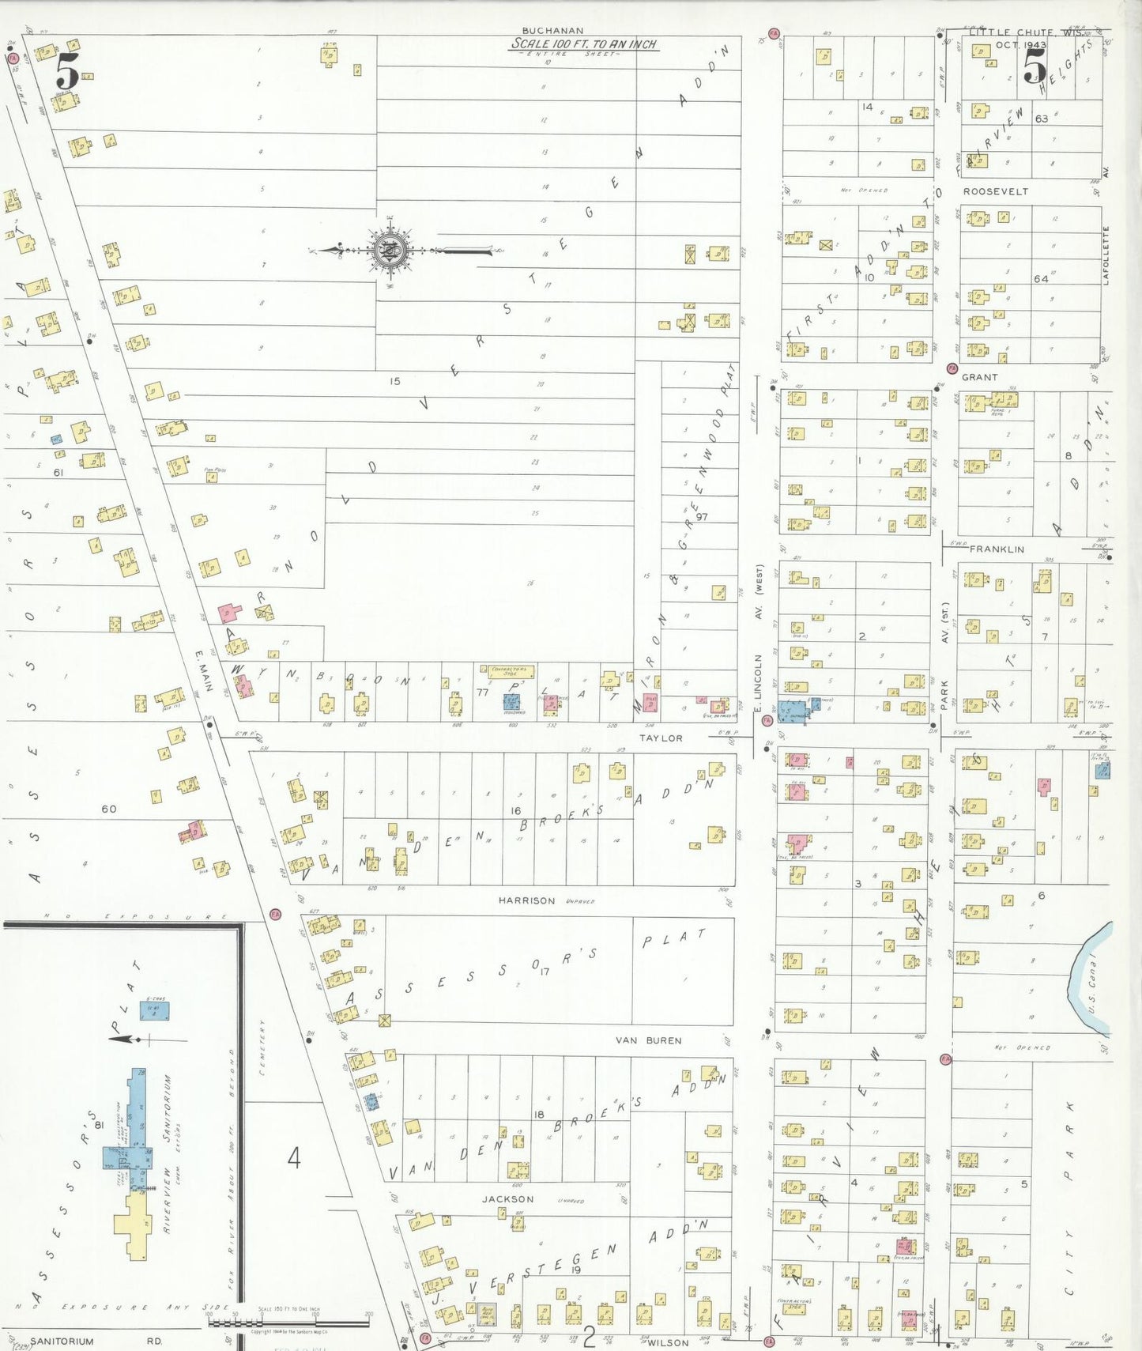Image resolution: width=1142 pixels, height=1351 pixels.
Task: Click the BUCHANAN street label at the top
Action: (552, 31)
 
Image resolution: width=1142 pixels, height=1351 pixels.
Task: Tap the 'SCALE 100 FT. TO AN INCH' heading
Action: (583, 44)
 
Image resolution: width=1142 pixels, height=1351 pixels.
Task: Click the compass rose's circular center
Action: (390, 251)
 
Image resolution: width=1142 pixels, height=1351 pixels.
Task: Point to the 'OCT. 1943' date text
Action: (1020, 45)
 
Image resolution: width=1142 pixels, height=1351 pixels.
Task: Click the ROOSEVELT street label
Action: (995, 191)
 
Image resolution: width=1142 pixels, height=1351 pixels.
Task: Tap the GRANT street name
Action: (979, 377)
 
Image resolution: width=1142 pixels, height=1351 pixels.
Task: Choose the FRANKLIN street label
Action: (997, 549)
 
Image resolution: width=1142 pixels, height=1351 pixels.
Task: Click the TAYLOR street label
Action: (661, 738)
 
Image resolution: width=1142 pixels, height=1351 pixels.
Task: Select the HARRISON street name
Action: (526, 900)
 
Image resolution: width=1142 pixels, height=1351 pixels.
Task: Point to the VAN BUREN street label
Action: (648, 1040)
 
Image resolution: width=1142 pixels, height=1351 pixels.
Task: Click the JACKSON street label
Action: (507, 1199)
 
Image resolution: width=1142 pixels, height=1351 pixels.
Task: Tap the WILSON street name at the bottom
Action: (668, 1342)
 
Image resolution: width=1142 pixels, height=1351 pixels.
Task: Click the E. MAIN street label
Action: (203, 671)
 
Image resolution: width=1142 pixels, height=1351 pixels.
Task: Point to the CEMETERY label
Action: (262, 1047)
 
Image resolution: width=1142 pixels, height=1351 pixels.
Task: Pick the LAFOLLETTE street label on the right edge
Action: (1106, 255)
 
